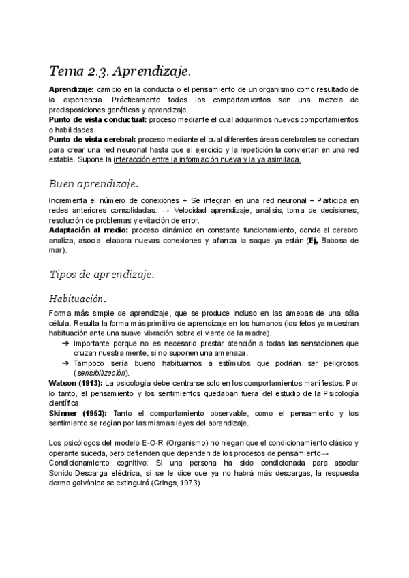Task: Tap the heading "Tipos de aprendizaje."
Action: (x=102, y=275)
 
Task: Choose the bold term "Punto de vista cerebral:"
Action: (x=93, y=140)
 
